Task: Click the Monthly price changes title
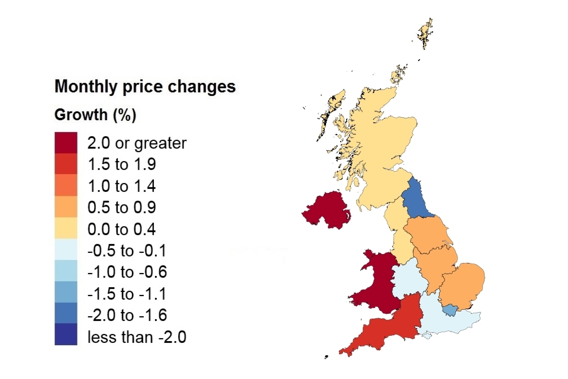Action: coord(145,87)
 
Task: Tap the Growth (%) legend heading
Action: coord(95,115)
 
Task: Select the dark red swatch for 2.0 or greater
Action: coord(66,143)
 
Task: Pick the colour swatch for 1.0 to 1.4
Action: coord(66,186)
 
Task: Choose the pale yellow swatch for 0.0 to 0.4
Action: coord(66,229)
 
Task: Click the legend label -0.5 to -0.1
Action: coord(127,251)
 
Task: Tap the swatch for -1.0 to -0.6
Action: coord(66,272)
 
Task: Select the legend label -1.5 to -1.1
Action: coord(127,294)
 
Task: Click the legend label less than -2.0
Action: coord(137,338)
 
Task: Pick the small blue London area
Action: coord(450,310)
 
